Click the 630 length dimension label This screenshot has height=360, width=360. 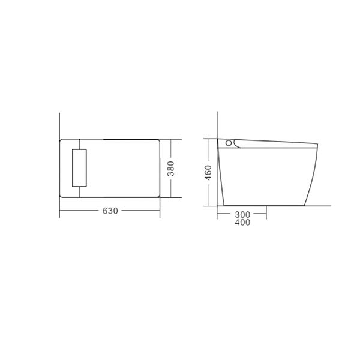click(x=110, y=211)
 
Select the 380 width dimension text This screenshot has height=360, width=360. click(x=171, y=169)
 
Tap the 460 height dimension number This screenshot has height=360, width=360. click(x=208, y=172)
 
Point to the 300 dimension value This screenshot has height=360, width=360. click(x=242, y=214)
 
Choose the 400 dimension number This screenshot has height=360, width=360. click(x=242, y=223)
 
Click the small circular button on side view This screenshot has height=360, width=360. click(x=228, y=143)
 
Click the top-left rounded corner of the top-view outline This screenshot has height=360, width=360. click(x=62, y=141)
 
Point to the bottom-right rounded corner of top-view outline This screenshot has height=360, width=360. click(x=158, y=196)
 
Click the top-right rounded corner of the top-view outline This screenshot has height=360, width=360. click(x=158, y=141)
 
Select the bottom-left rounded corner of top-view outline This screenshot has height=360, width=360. click(x=62, y=196)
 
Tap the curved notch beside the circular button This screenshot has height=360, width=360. click(x=237, y=145)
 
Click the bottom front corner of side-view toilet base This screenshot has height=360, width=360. click(x=304, y=206)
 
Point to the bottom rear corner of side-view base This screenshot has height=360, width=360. click(x=223, y=206)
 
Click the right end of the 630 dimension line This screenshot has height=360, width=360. click(x=160, y=211)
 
